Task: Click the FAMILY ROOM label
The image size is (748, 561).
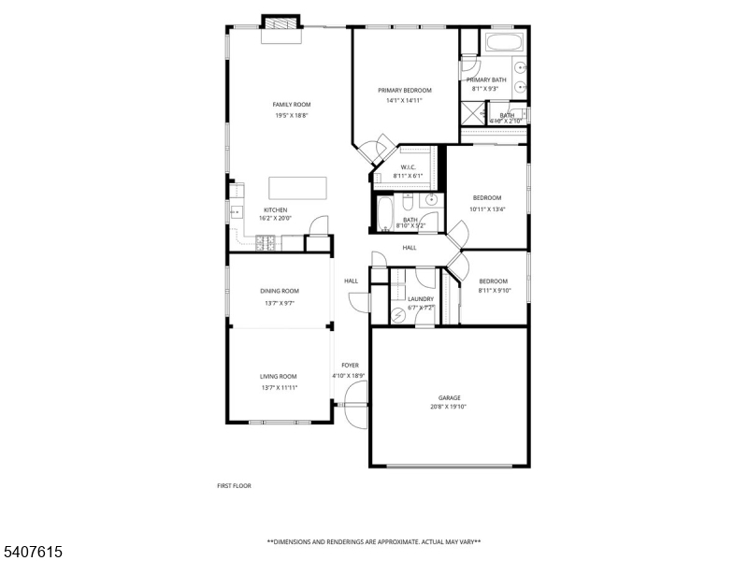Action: (x=292, y=105)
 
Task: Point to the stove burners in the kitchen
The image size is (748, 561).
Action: (x=265, y=243)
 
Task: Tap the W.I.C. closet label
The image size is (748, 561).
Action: (x=408, y=167)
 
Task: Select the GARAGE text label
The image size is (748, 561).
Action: (x=450, y=397)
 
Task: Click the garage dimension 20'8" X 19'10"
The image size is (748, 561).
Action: (x=450, y=407)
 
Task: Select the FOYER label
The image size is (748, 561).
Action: (x=350, y=366)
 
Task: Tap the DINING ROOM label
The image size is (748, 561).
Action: (x=280, y=291)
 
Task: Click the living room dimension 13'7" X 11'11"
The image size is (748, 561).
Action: (x=279, y=386)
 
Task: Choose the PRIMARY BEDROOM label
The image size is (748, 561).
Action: (x=405, y=91)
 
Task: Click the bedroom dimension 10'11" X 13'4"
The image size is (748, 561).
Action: (x=487, y=209)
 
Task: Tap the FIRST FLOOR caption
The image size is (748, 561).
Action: (x=234, y=485)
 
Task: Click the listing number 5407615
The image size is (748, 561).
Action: (x=33, y=552)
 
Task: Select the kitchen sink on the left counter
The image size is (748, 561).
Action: (x=237, y=213)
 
